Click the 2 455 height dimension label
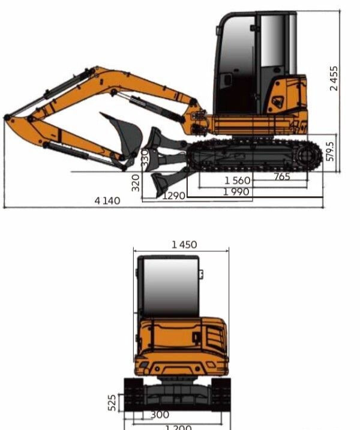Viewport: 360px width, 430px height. pos(334,78)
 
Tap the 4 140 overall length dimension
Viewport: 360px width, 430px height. pos(107,200)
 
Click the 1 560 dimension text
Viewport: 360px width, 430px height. pos(238,181)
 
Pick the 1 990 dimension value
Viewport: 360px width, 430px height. pos(237,192)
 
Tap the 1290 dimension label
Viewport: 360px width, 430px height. pos(174,196)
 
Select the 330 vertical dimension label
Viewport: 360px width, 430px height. pos(145,158)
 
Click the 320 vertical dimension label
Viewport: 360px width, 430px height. pos(136,183)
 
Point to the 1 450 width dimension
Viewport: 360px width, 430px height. pos(184,244)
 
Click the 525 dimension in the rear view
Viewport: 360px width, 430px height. pos(112,402)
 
